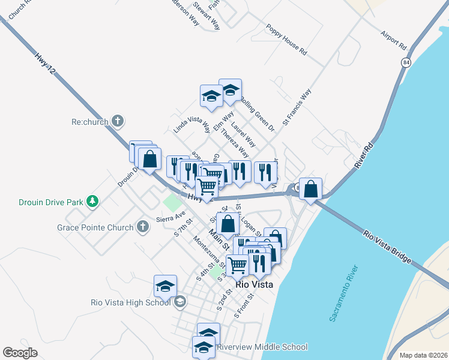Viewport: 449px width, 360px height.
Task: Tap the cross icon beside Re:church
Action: point(118,121)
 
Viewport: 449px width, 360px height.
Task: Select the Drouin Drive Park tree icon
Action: point(92,201)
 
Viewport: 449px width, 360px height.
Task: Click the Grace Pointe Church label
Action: point(95,227)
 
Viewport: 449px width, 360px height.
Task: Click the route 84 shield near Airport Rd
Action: point(406,62)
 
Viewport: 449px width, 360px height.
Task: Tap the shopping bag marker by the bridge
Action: point(310,190)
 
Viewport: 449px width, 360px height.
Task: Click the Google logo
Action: point(20,353)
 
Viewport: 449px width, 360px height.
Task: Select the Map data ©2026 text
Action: point(423,355)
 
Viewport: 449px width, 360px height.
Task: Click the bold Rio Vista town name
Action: point(255,285)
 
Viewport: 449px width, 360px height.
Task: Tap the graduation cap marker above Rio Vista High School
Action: point(165,286)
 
